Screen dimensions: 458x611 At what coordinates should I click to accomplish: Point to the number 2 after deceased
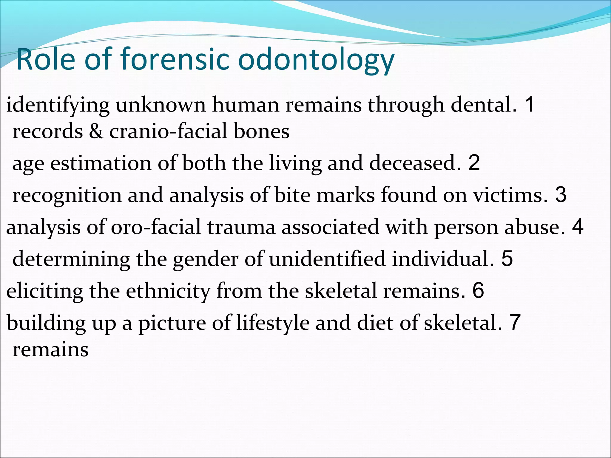474,163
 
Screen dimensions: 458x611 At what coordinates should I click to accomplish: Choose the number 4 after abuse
578,227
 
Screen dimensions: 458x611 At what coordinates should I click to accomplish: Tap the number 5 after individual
507,259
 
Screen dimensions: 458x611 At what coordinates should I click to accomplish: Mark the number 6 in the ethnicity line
478,291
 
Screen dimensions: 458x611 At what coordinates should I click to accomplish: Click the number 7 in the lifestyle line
515,322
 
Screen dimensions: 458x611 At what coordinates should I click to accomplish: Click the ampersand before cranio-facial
96,131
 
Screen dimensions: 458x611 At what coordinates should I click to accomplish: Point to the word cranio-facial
168,131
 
